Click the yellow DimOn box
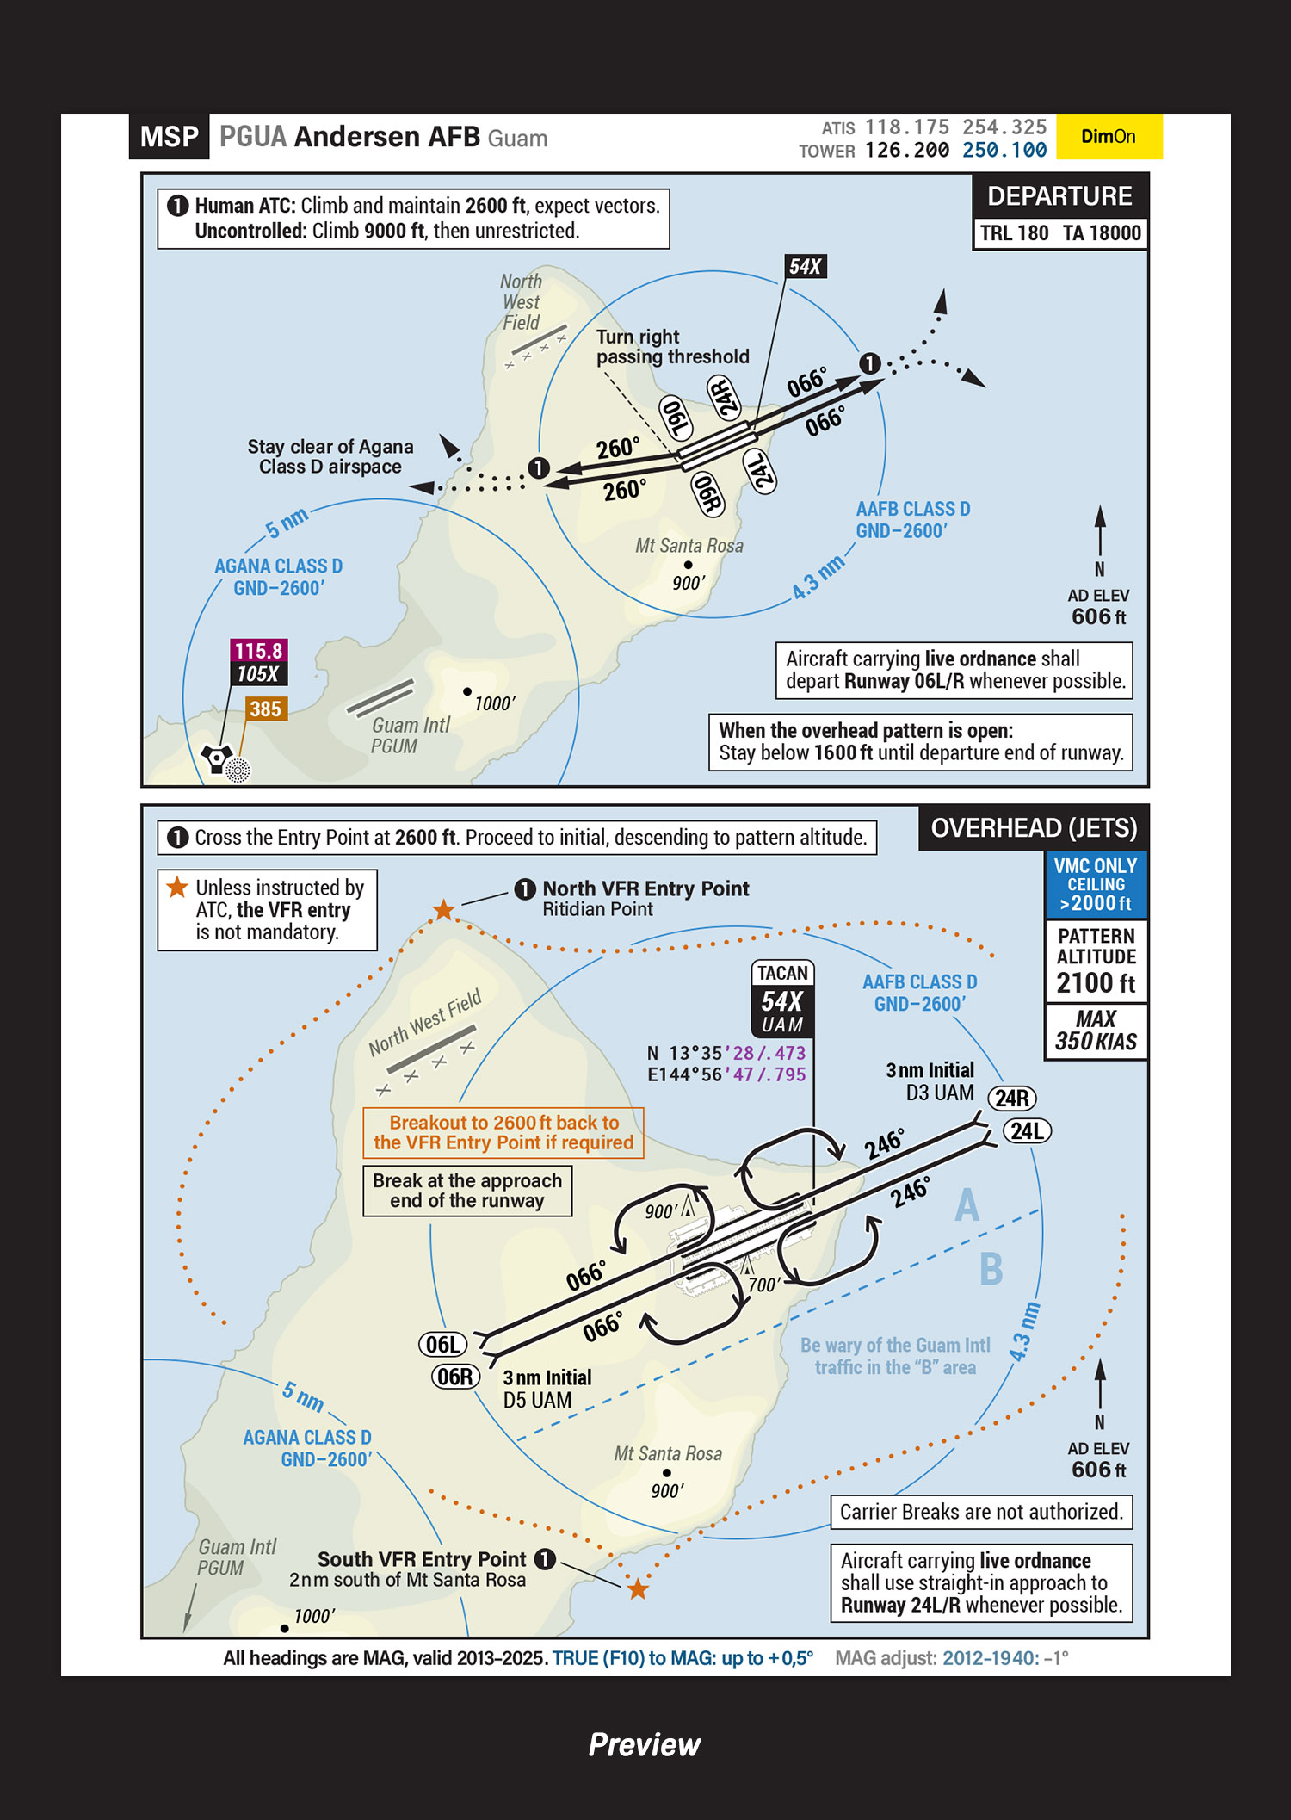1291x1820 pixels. click(x=1109, y=137)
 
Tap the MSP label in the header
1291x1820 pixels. click(x=169, y=137)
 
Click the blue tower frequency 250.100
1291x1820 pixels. click(x=1004, y=151)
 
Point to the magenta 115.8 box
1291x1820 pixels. click(x=258, y=651)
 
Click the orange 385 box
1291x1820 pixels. click(x=265, y=709)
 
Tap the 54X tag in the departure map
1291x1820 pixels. click(x=806, y=267)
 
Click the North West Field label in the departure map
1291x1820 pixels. click(x=521, y=302)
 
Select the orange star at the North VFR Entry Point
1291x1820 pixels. click(x=443, y=909)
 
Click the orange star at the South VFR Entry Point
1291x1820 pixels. click(x=638, y=1589)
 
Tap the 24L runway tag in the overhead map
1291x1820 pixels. click(x=1027, y=1131)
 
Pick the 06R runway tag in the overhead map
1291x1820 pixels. click(x=455, y=1377)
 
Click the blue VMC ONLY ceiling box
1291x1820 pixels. click(x=1096, y=884)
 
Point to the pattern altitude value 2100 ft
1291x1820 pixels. click(x=1096, y=983)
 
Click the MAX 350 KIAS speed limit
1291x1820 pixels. click(x=1096, y=1031)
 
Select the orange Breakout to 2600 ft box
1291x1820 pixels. click(x=503, y=1133)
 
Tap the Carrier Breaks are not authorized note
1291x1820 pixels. click(x=981, y=1513)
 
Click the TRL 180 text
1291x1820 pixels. click(x=1015, y=233)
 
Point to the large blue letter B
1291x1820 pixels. click(x=991, y=1269)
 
